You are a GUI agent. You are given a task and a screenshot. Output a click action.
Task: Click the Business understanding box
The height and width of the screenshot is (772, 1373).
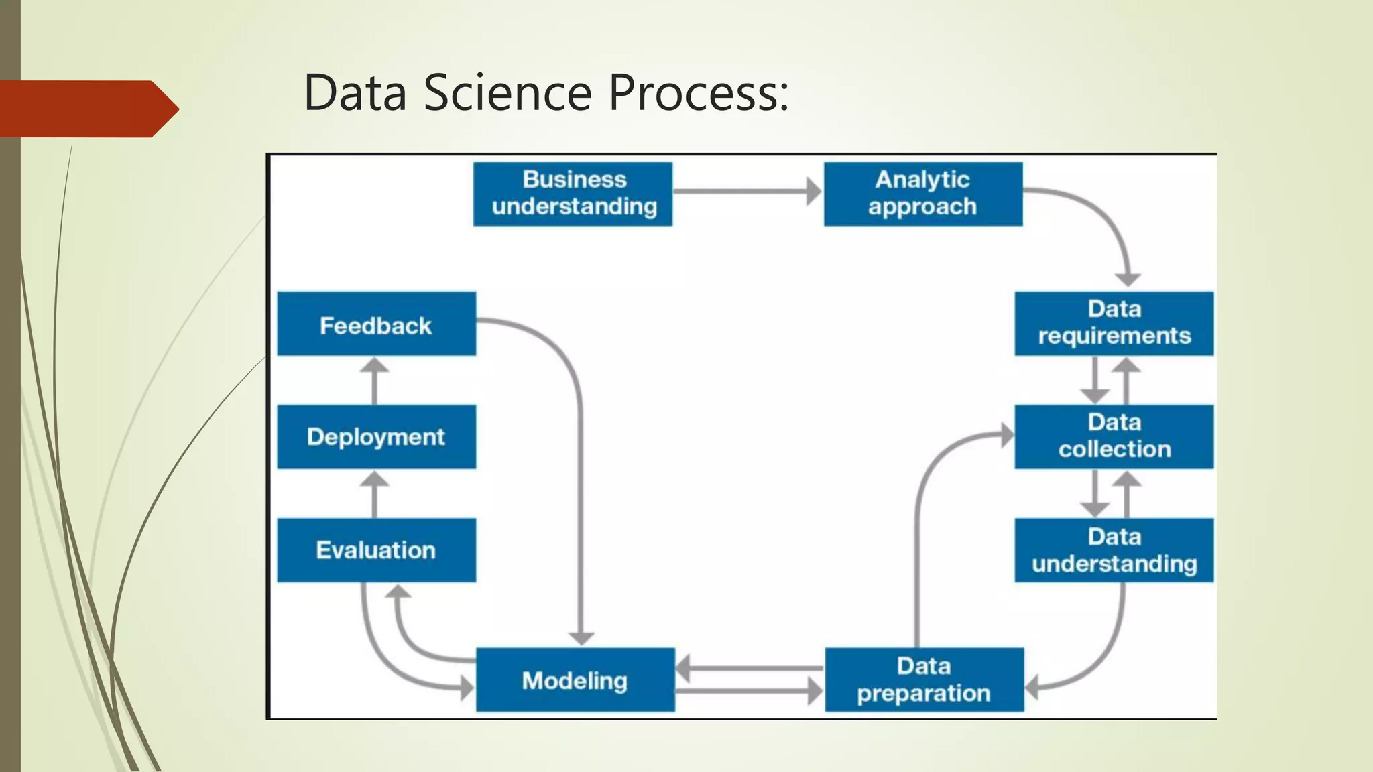tap(573, 194)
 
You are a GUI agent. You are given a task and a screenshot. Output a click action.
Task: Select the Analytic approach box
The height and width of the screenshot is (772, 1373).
tap(922, 194)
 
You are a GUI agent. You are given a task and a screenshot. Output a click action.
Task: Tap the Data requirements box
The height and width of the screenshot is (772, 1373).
tap(1114, 323)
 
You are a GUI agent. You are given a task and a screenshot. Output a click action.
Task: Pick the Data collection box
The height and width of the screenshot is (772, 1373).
tap(1114, 436)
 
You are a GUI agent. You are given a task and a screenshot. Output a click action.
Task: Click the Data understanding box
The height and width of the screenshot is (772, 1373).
tap(1114, 550)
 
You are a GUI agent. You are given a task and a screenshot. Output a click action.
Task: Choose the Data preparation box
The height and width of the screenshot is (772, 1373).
tap(924, 679)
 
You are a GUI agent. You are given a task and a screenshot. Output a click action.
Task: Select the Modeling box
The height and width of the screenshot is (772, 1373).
tap(575, 679)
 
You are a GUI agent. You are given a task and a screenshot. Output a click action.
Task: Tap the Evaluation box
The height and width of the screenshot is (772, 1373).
tap(376, 550)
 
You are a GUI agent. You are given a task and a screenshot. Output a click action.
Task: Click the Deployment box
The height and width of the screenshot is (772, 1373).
tap(376, 436)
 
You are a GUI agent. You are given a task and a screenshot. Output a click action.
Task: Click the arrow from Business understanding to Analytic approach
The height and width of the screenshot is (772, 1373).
tap(747, 192)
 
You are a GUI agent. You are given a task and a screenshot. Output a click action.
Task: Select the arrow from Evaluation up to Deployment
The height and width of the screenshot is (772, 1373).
tap(374, 494)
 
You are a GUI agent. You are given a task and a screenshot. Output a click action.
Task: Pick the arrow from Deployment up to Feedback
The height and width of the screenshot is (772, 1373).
tap(374, 381)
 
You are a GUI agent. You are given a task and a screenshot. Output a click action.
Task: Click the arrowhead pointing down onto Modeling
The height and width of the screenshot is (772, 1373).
tap(581, 637)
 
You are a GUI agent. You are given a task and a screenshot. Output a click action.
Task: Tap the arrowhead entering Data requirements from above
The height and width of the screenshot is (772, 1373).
tap(1128, 279)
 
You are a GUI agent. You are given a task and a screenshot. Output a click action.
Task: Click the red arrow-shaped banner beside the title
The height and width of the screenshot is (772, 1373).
tap(87, 109)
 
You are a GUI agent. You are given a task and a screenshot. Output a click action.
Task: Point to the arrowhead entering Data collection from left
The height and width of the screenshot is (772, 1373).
tap(1007, 435)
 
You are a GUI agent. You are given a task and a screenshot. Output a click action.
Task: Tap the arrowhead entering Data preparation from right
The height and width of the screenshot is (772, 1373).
tap(1033, 688)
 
